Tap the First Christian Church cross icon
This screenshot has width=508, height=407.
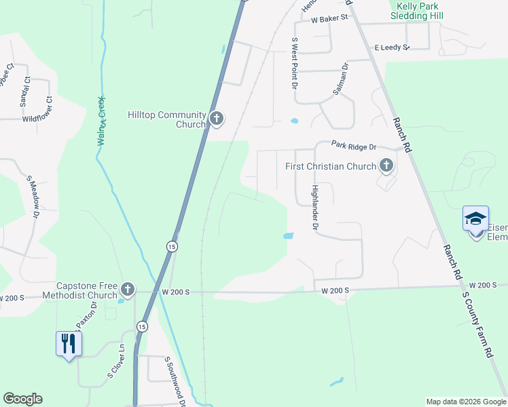[x=386, y=166]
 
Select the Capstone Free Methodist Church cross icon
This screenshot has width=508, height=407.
[x=127, y=290]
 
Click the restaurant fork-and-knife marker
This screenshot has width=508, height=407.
[x=68, y=343]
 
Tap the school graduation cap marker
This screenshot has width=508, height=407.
[x=475, y=218]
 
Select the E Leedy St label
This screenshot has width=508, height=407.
[x=392, y=47]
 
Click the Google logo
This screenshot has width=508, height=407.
[x=22, y=399]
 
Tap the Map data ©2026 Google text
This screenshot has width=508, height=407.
[x=466, y=402]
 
